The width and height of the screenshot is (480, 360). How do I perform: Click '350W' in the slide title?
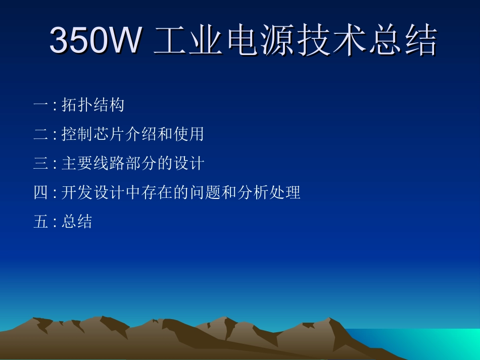(94, 40)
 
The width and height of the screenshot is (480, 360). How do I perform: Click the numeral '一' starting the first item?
(40, 105)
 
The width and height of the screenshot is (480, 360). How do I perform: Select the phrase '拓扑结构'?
(92, 105)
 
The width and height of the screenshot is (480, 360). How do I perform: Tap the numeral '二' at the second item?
(40, 134)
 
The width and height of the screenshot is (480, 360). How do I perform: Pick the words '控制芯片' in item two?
(92, 134)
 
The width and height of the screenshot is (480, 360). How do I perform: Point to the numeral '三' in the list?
(40, 164)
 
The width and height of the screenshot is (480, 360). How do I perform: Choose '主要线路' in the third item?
(92, 164)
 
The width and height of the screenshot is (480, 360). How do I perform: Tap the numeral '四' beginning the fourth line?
(40, 193)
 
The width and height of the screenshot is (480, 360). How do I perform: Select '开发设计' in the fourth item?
(92, 193)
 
